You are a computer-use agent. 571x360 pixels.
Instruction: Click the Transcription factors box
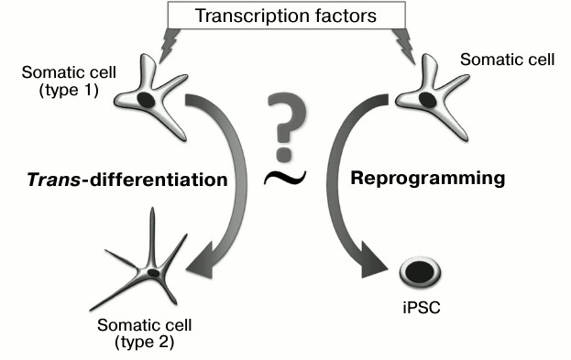[285, 16]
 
